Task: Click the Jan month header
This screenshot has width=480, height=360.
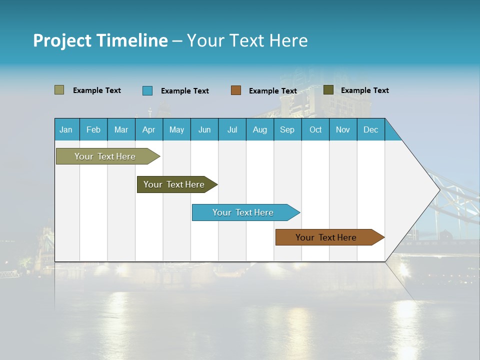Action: (x=66, y=129)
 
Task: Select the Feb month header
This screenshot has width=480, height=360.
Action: (x=93, y=129)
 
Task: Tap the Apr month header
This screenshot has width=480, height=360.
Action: (x=149, y=129)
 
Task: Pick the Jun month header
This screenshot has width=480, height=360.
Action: (x=204, y=129)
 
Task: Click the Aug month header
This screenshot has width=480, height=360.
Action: (x=260, y=129)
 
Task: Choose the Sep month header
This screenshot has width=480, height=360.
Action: (x=287, y=129)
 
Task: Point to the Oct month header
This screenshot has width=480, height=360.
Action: (x=315, y=129)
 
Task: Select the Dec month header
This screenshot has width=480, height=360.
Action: (x=371, y=129)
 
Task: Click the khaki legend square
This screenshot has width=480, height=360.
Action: (x=59, y=90)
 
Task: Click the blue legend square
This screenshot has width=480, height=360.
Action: (x=147, y=90)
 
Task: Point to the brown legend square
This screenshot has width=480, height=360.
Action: (x=236, y=90)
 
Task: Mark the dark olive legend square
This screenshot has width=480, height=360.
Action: (x=328, y=90)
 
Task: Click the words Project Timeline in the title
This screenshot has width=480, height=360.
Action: (x=100, y=40)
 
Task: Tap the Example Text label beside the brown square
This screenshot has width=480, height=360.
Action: (x=273, y=91)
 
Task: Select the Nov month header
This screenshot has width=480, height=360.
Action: (x=343, y=129)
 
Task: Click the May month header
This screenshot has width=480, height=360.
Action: (x=176, y=129)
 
